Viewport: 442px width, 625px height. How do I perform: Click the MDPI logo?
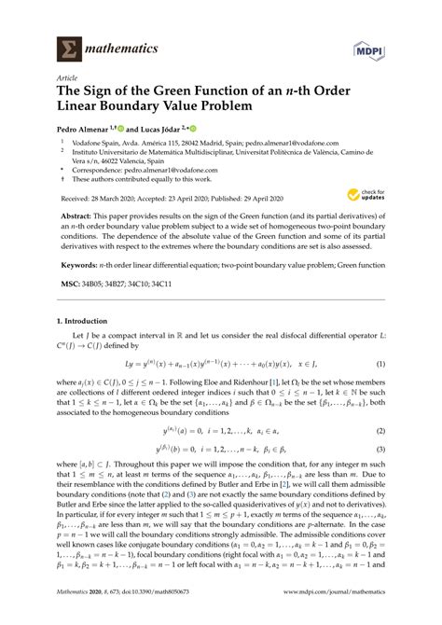(x=394, y=46)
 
